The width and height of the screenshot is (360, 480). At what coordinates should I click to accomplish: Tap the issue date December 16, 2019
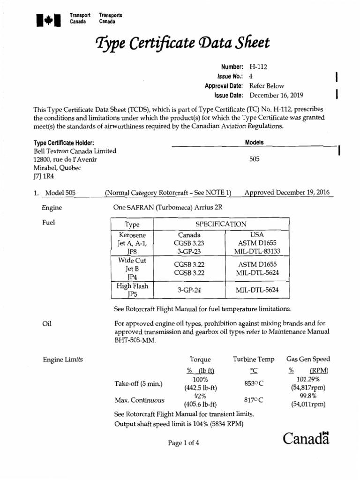click(277, 95)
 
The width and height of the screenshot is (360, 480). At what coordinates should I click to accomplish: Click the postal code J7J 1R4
click(44, 177)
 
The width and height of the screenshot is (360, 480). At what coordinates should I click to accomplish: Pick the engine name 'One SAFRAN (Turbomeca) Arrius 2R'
click(168, 208)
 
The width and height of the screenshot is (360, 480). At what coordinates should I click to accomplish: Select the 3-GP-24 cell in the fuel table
click(189, 290)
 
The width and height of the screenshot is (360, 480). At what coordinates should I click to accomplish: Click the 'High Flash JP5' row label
click(133, 290)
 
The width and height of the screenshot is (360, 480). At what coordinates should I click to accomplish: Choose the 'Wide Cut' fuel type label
click(133, 260)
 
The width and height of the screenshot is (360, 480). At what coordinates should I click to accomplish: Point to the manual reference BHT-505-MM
click(134, 341)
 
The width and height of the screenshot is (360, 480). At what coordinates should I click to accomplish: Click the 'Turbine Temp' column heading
click(254, 360)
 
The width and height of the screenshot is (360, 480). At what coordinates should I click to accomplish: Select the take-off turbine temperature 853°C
click(254, 383)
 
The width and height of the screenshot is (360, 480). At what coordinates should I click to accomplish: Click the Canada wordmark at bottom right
click(307, 439)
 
